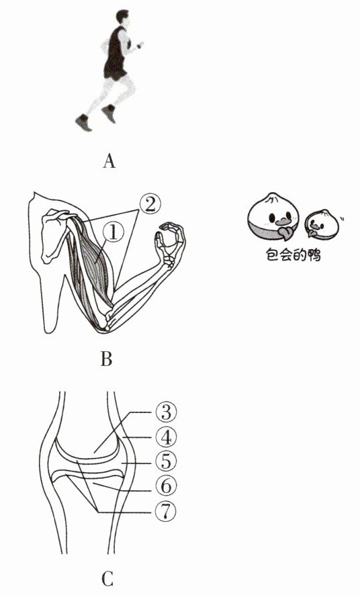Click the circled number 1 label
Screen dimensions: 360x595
tap(113, 232)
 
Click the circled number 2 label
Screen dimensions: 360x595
tap(150, 205)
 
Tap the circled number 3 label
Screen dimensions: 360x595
tap(166, 412)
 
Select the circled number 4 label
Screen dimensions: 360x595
tap(166, 438)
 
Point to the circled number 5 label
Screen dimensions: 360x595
tap(166, 462)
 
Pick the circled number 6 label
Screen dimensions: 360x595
tap(166, 486)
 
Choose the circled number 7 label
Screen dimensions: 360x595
tap(166, 512)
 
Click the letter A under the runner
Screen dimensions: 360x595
tap(109, 161)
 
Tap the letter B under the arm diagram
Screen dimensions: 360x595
tap(107, 358)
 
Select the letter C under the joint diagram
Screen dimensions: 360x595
tap(107, 580)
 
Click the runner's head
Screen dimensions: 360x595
tap(122, 18)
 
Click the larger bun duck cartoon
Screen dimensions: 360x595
tap(273, 216)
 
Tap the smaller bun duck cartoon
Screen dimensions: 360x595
tap(322, 224)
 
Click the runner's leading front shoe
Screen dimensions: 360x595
tap(109, 113)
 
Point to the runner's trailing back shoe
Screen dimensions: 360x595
tap(83, 123)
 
